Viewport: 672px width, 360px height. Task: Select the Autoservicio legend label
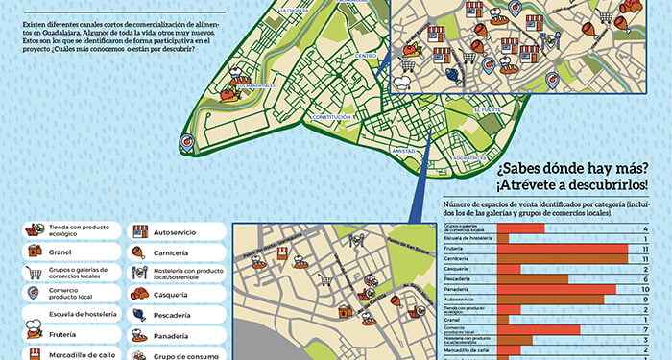[x=176, y=231]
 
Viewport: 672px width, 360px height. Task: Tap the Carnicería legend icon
[x=139, y=252]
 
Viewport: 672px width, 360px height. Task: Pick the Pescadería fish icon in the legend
[x=139, y=314]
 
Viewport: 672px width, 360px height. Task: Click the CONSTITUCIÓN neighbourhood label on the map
[x=332, y=117]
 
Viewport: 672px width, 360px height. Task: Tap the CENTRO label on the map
[x=366, y=56]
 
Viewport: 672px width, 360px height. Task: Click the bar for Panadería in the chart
[x=556, y=289]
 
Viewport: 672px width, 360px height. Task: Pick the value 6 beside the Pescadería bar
[x=647, y=279]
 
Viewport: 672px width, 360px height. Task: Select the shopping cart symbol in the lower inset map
[x=325, y=280]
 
